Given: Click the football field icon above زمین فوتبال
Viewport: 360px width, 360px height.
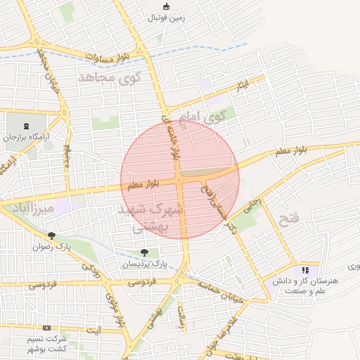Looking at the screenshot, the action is pyautogui.click(x=166, y=7).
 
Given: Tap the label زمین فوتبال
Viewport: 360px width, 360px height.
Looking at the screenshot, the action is pyautogui.click(x=166, y=18).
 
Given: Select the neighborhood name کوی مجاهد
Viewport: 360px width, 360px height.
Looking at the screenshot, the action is pyautogui.click(x=110, y=76).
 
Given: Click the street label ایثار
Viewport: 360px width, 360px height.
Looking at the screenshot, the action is pyautogui.click(x=242, y=86).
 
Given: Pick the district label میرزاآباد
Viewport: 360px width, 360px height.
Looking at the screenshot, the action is pyautogui.click(x=28, y=207).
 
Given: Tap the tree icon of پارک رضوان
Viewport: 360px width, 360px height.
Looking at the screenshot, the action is pyautogui.click(x=51, y=236).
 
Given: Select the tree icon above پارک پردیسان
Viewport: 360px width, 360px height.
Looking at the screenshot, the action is pyautogui.click(x=144, y=252).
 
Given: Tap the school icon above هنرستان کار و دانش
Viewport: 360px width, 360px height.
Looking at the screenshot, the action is pyautogui.click(x=305, y=270).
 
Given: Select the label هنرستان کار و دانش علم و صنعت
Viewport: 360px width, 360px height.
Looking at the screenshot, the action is pyautogui.click(x=304, y=285).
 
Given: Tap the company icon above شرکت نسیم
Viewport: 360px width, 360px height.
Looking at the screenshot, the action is pyautogui.click(x=46, y=328).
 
